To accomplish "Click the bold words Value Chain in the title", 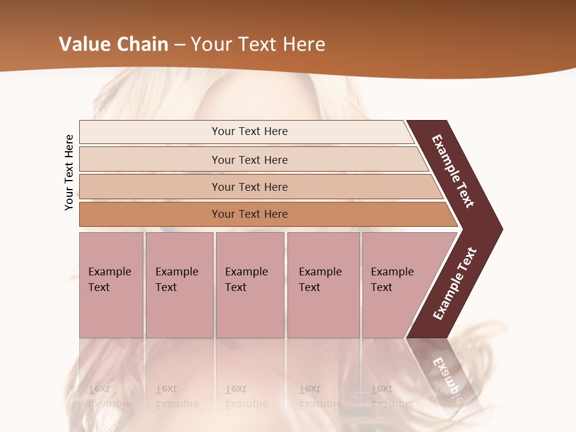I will [x=113, y=44].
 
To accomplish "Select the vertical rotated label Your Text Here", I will [x=69, y=173].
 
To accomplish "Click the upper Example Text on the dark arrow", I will [x=453, y=172].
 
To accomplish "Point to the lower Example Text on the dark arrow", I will [x=455, y=284].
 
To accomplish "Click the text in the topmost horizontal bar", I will [x=250, y=131].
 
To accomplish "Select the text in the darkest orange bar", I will [x=250, y=214].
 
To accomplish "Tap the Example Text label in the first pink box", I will [x=109, y=279].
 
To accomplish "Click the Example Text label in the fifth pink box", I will [x=392, y=279].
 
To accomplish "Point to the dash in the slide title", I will [x=179, y=45].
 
